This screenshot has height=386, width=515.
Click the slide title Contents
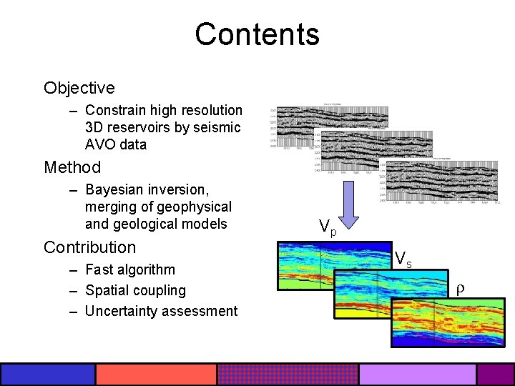257,34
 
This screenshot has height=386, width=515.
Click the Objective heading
79,88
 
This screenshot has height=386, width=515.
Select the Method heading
72,167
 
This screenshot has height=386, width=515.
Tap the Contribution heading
89,247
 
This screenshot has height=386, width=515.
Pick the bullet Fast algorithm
129,269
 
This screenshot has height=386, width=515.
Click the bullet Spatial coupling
135,290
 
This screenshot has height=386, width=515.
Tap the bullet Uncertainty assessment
161,311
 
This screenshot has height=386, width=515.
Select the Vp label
328,228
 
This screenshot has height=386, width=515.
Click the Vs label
403,259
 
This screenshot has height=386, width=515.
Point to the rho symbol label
461,289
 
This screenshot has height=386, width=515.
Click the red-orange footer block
156,375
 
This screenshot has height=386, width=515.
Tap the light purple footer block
417,375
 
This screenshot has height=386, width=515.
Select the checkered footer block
288,375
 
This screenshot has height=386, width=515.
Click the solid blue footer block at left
48,375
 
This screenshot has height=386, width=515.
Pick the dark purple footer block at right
496,375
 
